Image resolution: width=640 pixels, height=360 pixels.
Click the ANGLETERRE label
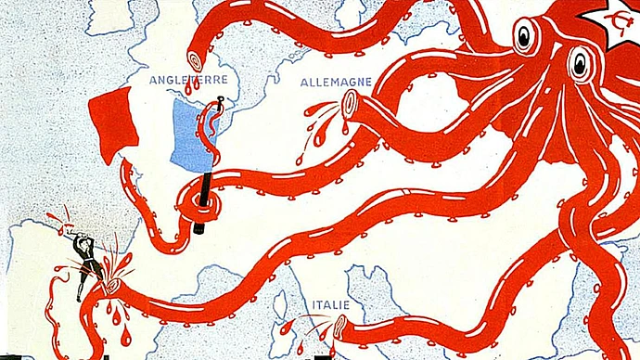(188, 80)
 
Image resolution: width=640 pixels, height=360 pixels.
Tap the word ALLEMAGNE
(335, 82)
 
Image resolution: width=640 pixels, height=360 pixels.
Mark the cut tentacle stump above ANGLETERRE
(196, 64)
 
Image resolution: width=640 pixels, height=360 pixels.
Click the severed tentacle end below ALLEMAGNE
(349, 108)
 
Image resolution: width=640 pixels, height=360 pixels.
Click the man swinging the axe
(88, 260)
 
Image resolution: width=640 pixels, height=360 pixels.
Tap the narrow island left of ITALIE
(277, 307)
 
